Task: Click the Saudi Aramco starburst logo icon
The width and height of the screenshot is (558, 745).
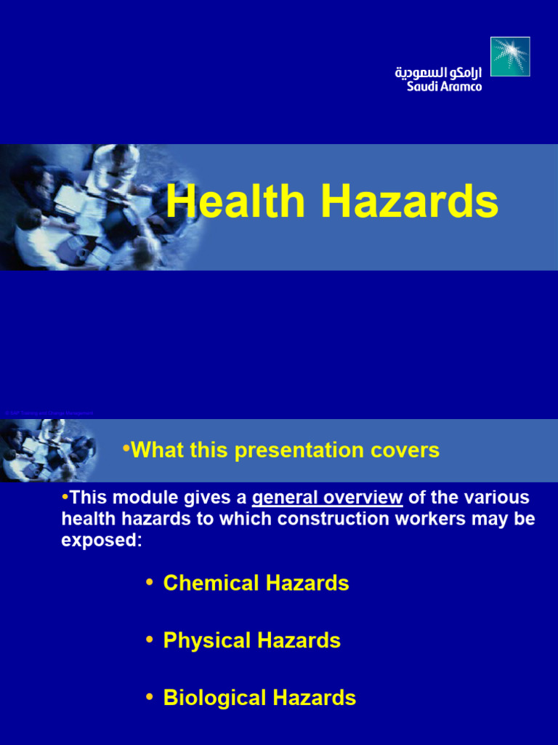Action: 510,57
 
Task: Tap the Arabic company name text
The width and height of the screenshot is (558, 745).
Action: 438,73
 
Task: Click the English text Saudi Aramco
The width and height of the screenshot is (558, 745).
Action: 444,87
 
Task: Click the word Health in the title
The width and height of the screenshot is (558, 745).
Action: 237,202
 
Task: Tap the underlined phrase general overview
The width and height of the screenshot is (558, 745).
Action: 327,498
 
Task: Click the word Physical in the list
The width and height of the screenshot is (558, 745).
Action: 207,640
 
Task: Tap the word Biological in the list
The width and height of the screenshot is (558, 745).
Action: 215,698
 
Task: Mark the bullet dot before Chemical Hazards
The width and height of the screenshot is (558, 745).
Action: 150,582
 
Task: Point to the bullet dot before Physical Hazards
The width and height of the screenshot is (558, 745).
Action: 150,640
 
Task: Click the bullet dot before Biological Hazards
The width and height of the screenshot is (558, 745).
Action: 150,697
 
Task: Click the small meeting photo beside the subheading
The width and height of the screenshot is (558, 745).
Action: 47,450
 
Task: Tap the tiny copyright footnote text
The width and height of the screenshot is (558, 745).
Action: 47,413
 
